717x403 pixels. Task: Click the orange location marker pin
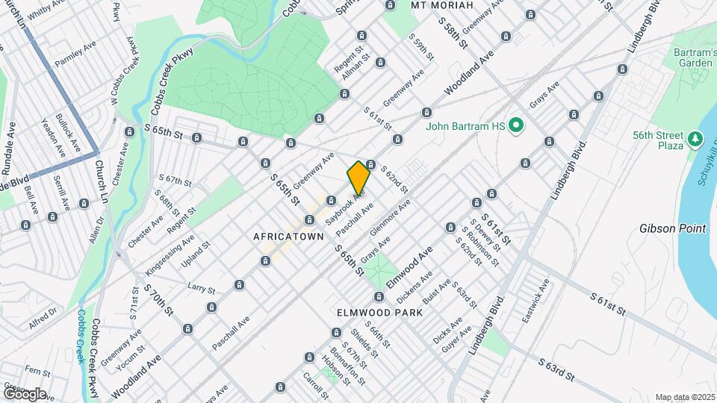pyautogui.click(x=358, y=178)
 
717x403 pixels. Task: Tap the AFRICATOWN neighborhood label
pyautogui.click(x=288, y=237)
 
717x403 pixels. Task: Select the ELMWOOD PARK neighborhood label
pyautogui.click(x=379, y=312)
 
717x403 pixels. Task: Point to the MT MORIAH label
pyautogui.click(x=443, y=5)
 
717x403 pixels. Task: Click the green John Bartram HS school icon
pyautogui.click(x=515, y=127)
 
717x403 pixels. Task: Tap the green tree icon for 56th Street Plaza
pyautogui.click(x=695, y=139)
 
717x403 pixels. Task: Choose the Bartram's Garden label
pyautogui.click(x=690, y=57)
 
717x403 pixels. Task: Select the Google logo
pyautogui.click(x=24, y=393)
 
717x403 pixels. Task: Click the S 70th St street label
pyautogui.click(x=158, y=299)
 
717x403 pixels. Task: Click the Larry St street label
pyautogui.click(x=201, y=287)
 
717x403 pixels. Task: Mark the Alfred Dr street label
pyautogui.click(x=43, y=319)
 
